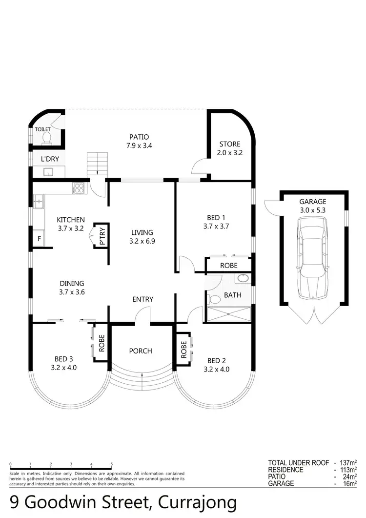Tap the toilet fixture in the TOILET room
tap(46, 139)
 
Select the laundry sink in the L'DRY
tap(48, 171)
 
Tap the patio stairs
tap(97, 163)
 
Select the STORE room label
tap(230, 144)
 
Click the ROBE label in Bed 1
tap(228, 266)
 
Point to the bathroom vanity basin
tap(243, 279)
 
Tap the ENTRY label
tap(142, 299)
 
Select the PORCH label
tap(141, 351)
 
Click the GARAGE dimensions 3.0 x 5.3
tap(313, 210)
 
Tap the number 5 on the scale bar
tap(112, 464)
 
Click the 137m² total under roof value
tap(348, 462)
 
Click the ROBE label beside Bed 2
tap(184, 347)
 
